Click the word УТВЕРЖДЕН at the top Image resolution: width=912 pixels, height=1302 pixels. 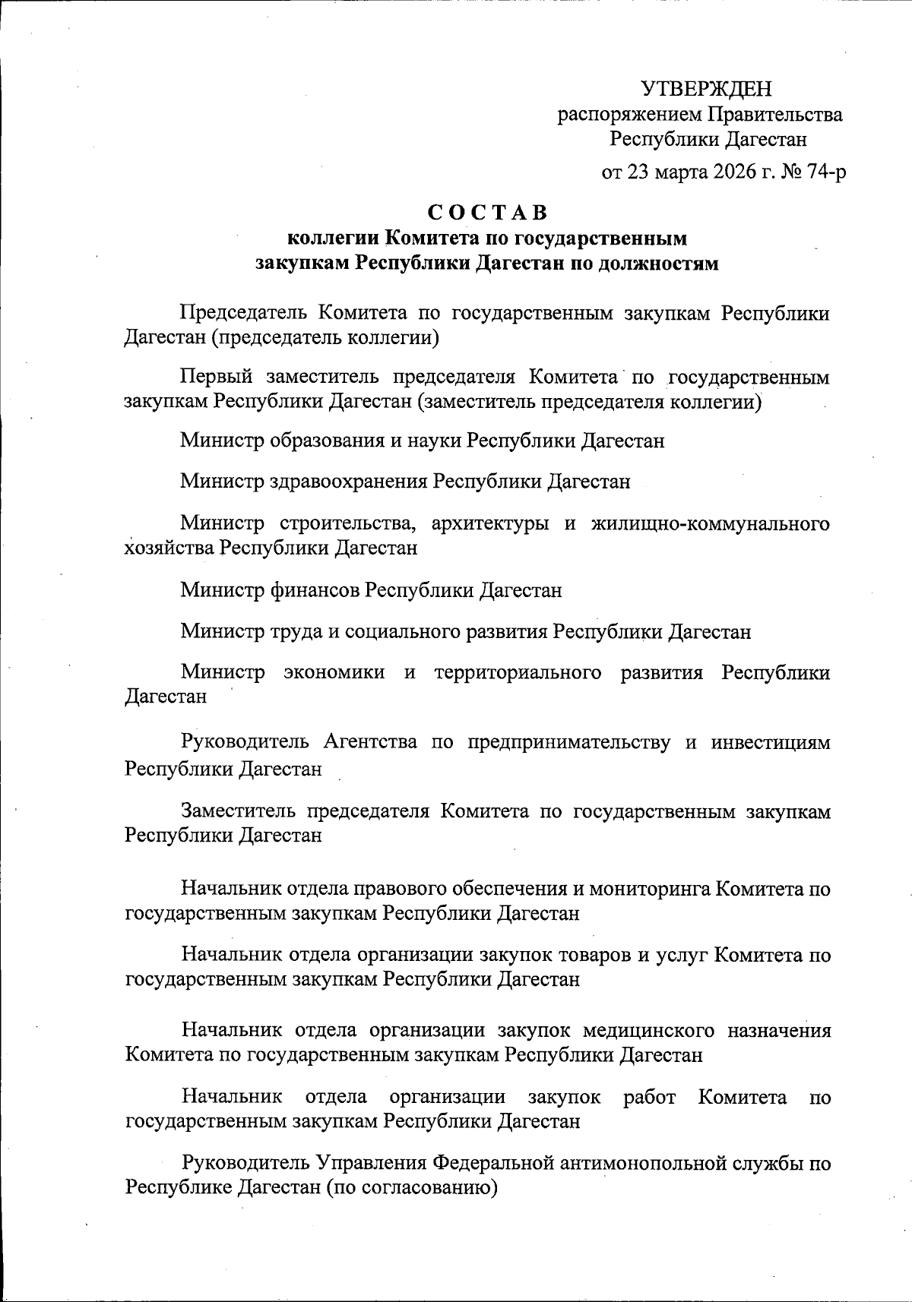pyautogui.click(x=706, y=89)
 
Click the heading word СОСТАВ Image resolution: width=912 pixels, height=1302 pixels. pyautogui.click(x=487, y=212)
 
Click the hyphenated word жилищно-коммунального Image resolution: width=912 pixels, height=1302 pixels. pyautogui.click(x=710, y=523)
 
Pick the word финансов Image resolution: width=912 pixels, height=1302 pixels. pyautogui.click(x=315, y=589)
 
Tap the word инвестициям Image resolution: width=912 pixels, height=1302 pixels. pyautogui.click(x=771, y=742)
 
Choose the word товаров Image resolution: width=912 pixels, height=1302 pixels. pyautogui.click(x=588, y=955)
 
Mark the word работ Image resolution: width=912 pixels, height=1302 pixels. pyautogui.click(x=650, y=1097)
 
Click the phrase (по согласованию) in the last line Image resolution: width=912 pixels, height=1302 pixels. pyautogui.click(x=412, y=1187)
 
